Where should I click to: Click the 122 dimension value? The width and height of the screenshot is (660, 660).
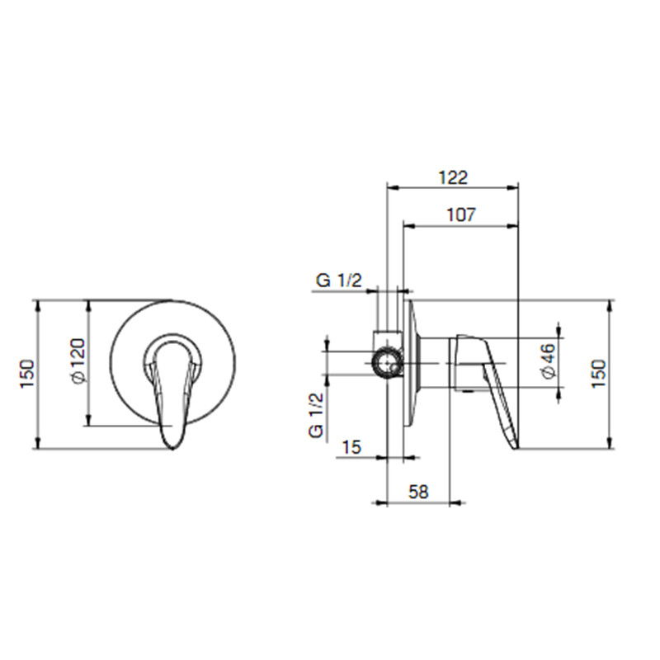click(x=453, y=177)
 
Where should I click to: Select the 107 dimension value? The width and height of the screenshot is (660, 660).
click(x=461, y=214)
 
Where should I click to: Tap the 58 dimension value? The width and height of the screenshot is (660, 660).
click(x=418, y=492)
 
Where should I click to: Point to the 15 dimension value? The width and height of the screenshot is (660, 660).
click(x=352, y=447)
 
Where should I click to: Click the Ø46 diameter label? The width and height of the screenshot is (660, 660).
click(x=549, y=361)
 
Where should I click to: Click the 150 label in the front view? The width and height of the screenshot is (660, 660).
click(x=27, y=375)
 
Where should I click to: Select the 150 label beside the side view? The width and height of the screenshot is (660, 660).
click(x=599, y=375)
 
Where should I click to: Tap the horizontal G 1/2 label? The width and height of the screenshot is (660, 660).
click(x=338, y=280)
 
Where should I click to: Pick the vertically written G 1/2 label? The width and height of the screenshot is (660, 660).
click(x=316, y=415)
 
